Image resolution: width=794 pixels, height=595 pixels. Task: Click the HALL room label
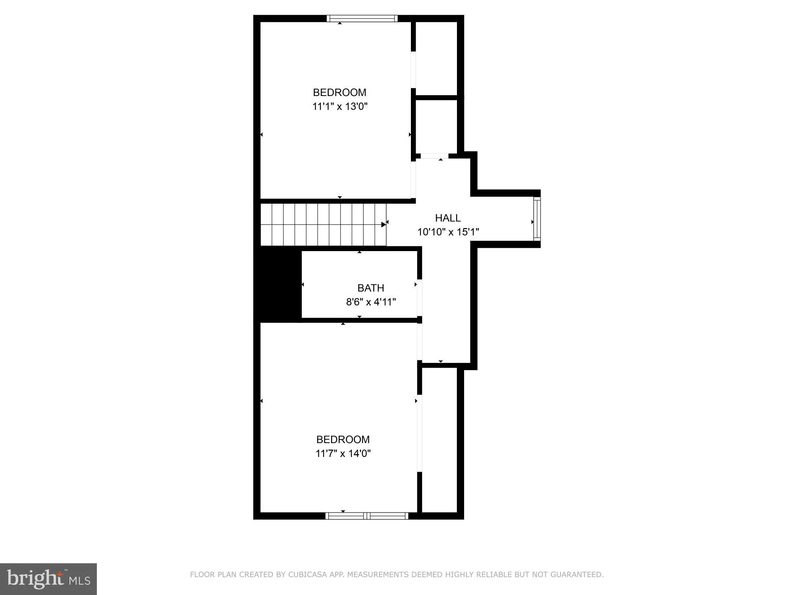click(x=448, y=218)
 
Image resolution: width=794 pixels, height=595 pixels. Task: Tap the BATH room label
click(x=370, y=288)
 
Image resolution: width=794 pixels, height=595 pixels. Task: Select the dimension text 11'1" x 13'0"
click(x=340, y=106)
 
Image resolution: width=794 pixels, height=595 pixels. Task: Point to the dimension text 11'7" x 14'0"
click(x=343, y=453)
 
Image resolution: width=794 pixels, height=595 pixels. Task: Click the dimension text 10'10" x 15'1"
click(x=448, y=232)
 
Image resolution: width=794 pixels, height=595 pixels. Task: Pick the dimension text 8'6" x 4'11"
click(x=371, y=302)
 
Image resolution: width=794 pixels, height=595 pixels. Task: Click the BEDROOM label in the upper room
click(x=339, y=92)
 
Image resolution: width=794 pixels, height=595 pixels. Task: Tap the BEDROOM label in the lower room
click(x=343, y=440)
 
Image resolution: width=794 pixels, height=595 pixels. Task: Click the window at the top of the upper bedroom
click(x=362, y=18)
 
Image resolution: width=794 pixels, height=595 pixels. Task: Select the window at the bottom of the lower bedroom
click(x=366, y=516)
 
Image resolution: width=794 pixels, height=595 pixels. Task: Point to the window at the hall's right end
click(x=537, y=219)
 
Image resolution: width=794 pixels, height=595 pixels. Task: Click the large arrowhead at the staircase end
click(x=384, y=225)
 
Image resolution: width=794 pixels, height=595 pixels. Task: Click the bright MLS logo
click(x=48, y=579)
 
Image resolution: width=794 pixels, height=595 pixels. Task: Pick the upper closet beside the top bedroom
click(x=436, y=58)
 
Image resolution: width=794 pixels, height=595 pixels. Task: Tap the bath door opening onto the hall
click(x=419, y=297)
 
